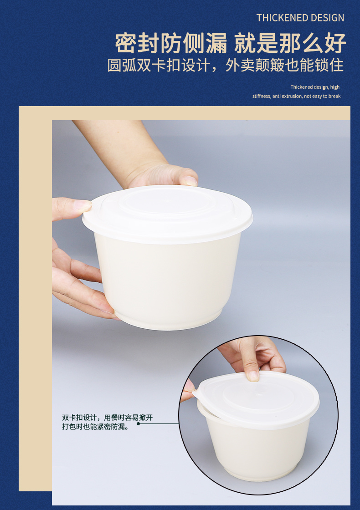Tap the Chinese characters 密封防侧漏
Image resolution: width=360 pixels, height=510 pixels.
[x=171, y=43]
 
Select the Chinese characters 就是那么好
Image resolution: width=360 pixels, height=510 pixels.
[x=290, y=43]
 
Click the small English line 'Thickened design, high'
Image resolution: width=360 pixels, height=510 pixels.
[x=315, y=87]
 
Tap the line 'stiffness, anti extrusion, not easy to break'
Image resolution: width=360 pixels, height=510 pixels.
[x=297, y=96]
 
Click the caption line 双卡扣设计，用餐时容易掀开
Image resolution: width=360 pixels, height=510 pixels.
[x=108, y=417]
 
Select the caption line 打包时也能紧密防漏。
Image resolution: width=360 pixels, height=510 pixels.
[x=95, y=426]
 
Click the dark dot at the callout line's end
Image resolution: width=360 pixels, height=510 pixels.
[x=139, y=423]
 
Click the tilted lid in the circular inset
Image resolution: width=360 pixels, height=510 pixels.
[x=257, y=400]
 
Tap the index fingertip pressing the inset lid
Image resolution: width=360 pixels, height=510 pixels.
[x=253, y=376]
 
